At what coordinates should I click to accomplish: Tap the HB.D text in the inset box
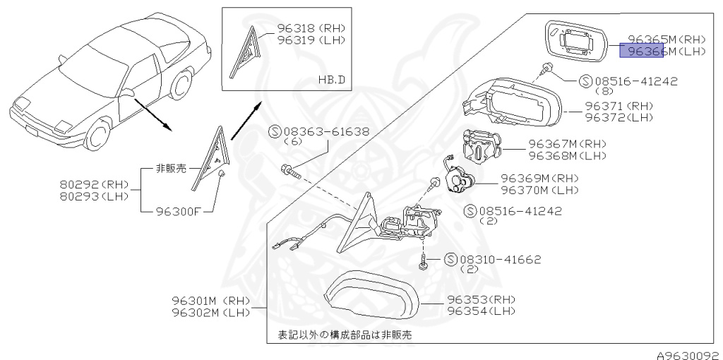point(331,80)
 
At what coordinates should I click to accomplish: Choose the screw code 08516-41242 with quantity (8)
point(628,81)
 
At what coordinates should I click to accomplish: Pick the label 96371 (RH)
point(619,105)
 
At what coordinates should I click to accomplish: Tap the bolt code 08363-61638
point(328,131)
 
